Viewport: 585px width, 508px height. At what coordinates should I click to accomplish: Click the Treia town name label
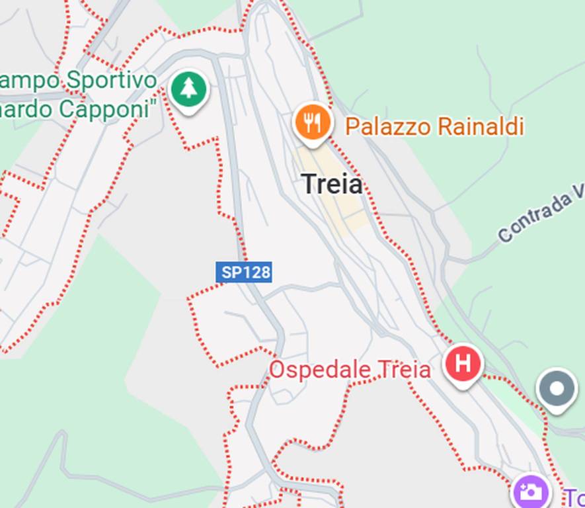point(332,185)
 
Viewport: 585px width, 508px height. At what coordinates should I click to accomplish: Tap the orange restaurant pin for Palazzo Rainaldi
point(311,123)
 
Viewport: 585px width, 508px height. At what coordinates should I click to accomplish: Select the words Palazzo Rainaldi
point(434,126)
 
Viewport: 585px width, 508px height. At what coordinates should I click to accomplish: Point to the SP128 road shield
point(243,272)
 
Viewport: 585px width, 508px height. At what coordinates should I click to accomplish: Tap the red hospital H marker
point(463,364)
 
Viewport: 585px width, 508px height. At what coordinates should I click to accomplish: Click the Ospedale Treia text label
point(349,370)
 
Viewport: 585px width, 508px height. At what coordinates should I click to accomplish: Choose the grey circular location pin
point(557,389)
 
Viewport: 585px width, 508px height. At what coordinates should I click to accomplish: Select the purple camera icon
point(531,491)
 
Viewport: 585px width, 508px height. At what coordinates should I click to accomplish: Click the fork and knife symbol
point(311,122)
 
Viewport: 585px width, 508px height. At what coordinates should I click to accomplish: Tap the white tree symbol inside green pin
point(189,88)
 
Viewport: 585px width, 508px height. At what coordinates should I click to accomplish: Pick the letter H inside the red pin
point(463,363)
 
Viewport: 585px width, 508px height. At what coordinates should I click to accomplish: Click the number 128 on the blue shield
point(254,272)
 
